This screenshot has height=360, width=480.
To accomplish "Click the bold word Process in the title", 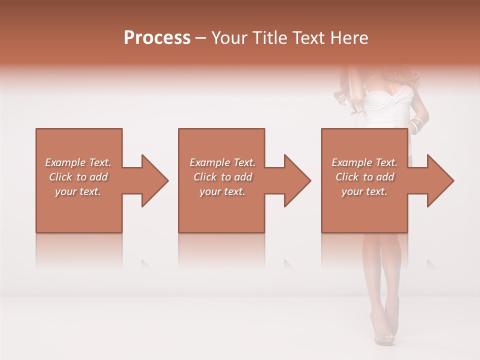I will (x=157, y=38).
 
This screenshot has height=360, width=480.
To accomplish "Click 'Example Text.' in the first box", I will (x=78, y=162).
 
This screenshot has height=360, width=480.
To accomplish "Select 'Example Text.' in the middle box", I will (x=222, y=162).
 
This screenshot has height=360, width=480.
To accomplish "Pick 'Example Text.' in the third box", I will (x=364, y=162).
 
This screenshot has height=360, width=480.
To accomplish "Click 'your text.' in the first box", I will (x=78, y=191).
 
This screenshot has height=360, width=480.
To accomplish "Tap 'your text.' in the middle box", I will (x=222, y=191).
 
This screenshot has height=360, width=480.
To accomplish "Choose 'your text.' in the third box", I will (x=364, y=191).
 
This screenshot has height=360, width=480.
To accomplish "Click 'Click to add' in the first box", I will (x=78, y=177).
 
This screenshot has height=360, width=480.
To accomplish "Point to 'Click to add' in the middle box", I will (x=222, y=177).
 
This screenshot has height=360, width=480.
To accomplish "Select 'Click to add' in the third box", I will (x=364, y=177).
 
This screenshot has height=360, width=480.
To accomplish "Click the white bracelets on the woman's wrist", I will (x=416, y=125).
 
